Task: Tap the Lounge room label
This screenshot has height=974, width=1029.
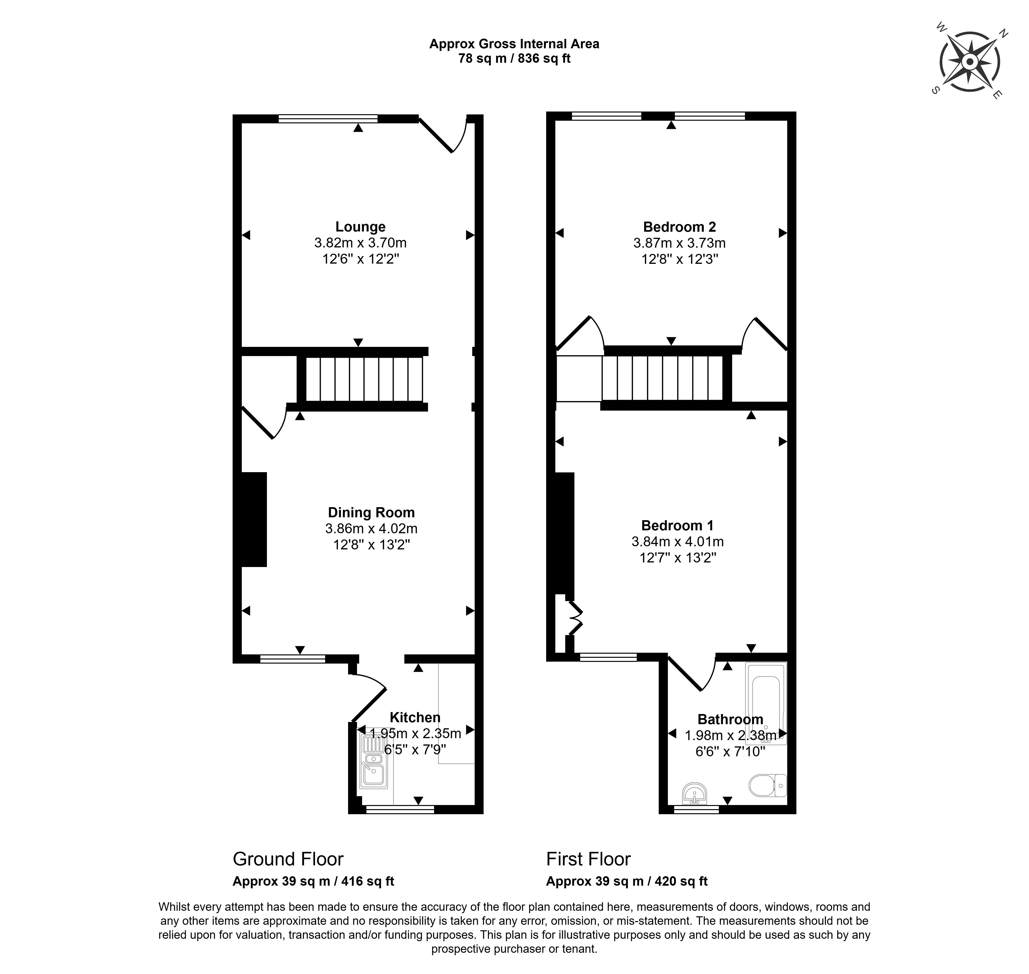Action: [360, 227]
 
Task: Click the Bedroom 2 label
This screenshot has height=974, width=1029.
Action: [679, 227]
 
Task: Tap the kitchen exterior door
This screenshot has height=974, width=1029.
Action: [368, 697]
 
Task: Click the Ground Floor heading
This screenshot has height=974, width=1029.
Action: [288, 859]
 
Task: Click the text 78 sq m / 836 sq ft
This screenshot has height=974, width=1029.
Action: [514, 59]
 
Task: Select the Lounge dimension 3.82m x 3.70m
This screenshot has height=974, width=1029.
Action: [360, 242]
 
